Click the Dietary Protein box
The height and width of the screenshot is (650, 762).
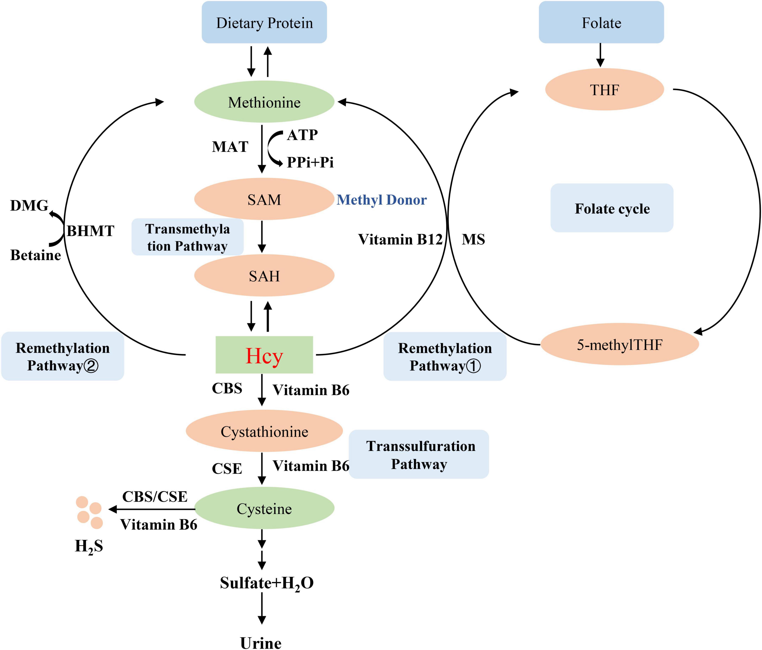(x=264, y=22)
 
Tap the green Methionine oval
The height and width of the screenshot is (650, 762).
(x=264, y=102)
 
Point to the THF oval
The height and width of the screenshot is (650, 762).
(x=604, y=89)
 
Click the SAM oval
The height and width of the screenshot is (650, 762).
(x=264, y=199)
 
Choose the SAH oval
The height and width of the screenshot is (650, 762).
(x=264, y=276)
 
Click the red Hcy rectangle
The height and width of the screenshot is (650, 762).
(x=264, y=355)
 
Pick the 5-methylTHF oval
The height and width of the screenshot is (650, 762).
(x=619, y=344)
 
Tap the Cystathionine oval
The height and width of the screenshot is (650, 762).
(x=264, y=431)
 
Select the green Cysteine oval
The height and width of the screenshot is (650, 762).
(x=264, y=508)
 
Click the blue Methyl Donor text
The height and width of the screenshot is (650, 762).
(x=381, y=200)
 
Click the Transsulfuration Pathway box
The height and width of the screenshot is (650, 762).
(x=419, y=454)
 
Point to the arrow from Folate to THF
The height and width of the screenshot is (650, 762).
(x=600, y=55)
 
